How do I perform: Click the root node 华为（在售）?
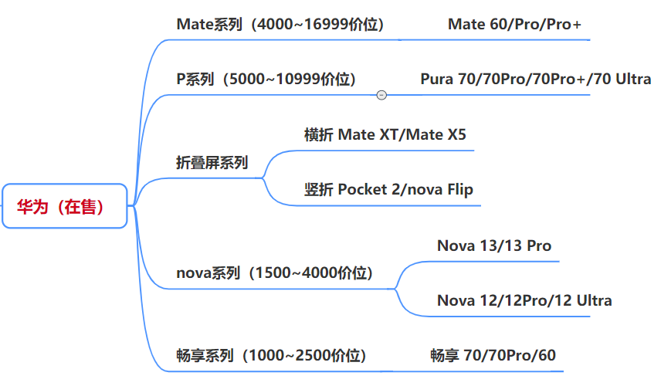[x=64, y=206]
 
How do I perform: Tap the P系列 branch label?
[x=196, y=79]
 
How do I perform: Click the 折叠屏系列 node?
[x=212, y=162]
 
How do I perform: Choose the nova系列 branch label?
[x=207, y=273]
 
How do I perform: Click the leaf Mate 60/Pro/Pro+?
[x=514, y=25]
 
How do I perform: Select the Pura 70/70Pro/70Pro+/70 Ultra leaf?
[x=535, y=79]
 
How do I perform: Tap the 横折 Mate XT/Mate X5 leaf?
[x=385, y=135]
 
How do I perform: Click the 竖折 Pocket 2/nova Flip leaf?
[x=388, y=189]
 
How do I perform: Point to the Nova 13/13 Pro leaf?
[x=494, y=245]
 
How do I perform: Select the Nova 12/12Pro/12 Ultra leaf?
[x=524, y=300]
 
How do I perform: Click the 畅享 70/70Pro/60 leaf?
[x=493, y=355]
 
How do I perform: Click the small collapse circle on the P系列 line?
[x=381, y=95]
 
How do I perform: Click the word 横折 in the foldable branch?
[x=318, y=135]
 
